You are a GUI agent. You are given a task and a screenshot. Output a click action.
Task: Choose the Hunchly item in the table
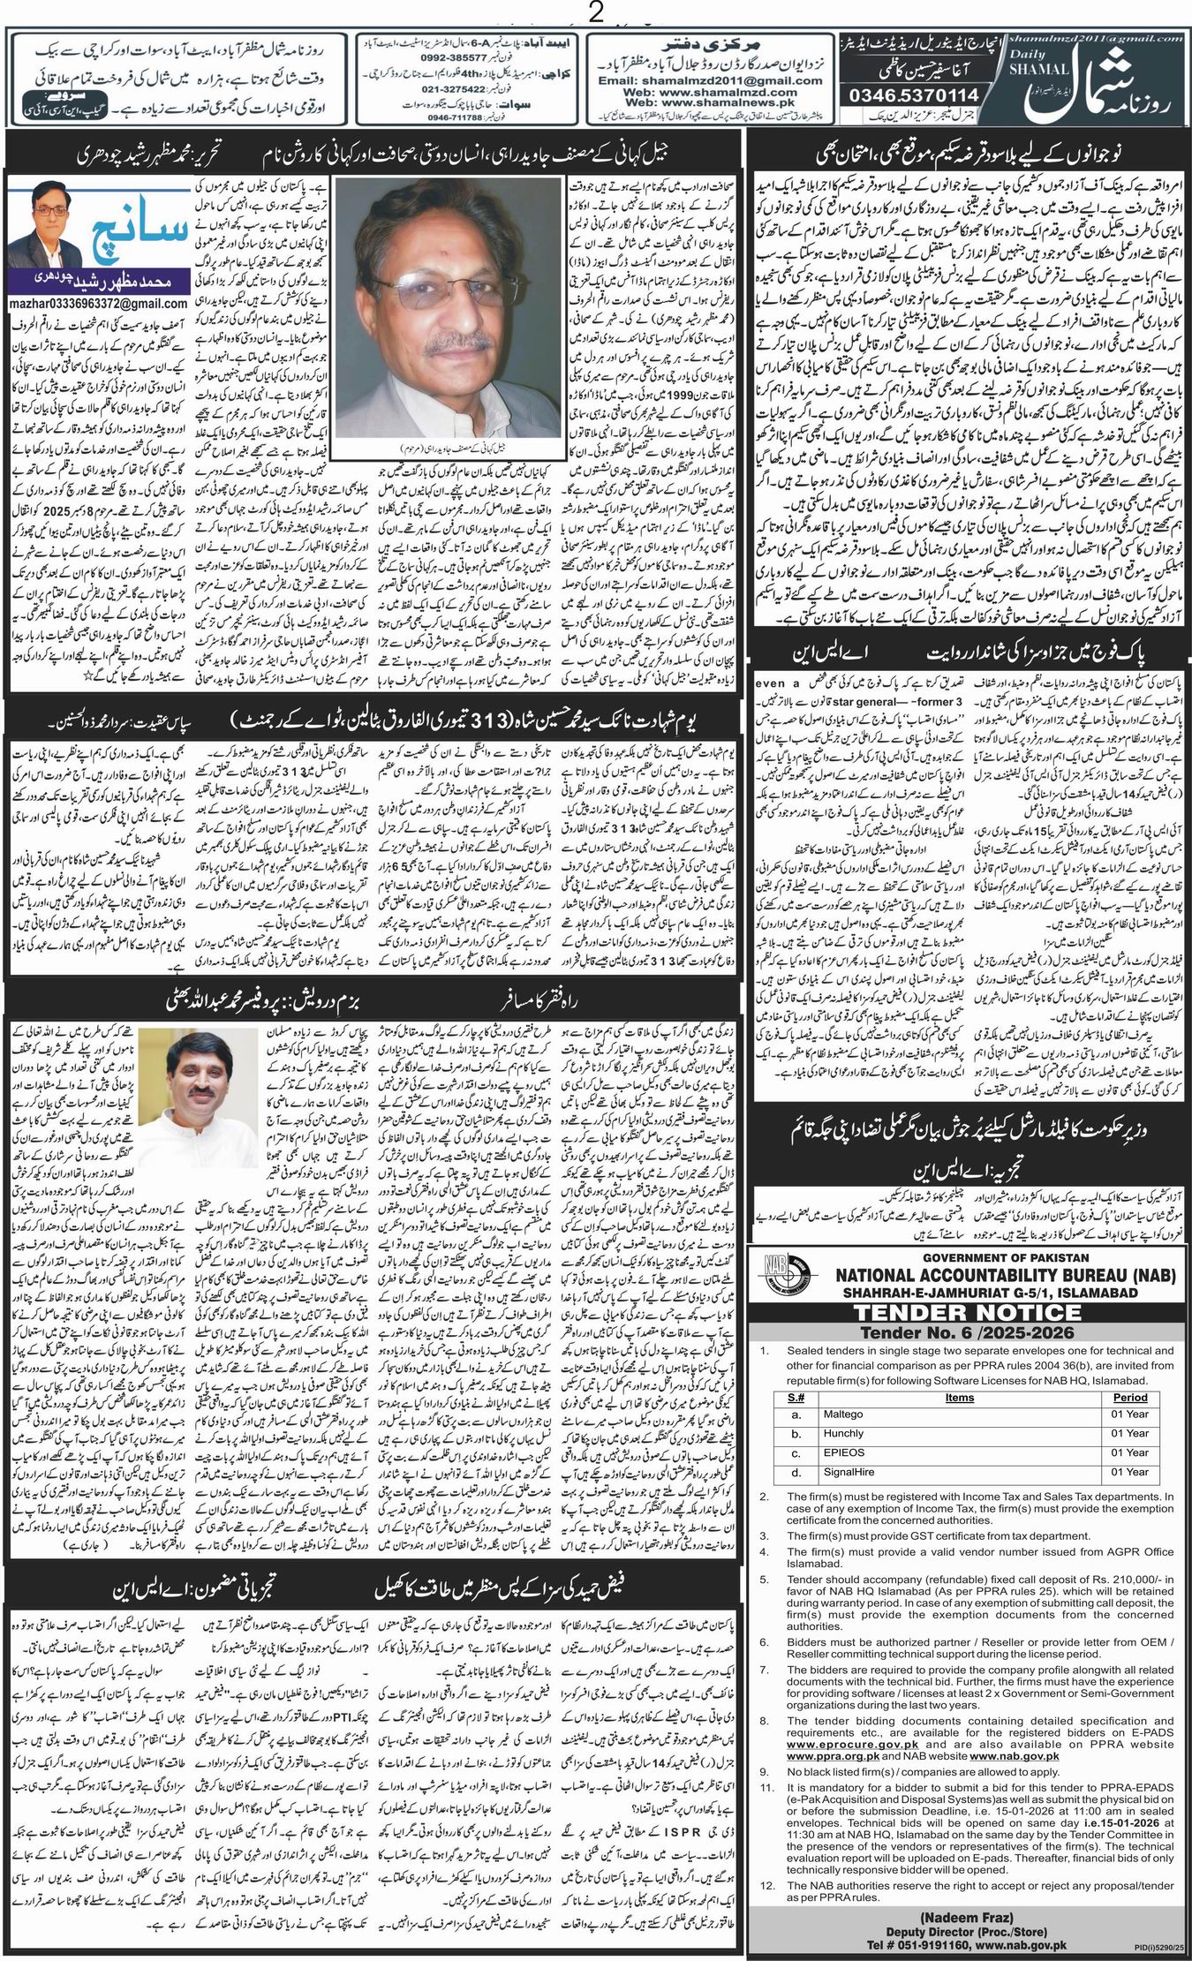point(843,1433)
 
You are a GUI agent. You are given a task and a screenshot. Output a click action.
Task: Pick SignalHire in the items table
point(847,1472)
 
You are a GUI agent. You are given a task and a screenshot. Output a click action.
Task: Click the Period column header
point(1130,1397)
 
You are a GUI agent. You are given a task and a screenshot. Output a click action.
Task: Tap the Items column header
point(959,1397)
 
